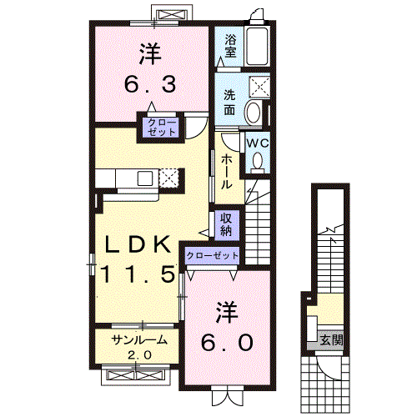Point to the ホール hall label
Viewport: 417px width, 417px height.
pos(227,171)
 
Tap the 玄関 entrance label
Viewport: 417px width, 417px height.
pos(331,339)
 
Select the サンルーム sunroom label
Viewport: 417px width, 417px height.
pos(133,339)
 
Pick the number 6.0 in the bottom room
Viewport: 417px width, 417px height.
pos(225,342)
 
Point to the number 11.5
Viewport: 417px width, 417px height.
pos(138,274)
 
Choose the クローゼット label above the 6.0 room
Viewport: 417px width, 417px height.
pos(212,255)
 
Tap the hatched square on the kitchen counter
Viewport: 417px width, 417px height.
pos(169,177)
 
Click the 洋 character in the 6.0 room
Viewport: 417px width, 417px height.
pos(226,312)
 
